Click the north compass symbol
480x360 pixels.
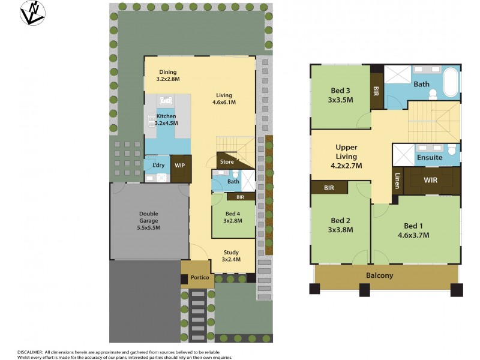pyautogui.click(x=32, y=13)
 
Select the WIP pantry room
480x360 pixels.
pyautogui.click(x=180, y=165)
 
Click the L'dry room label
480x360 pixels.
pyautogui.click(x=158, y=165)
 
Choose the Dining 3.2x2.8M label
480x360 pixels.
pyautogui.click(x=167, y=76)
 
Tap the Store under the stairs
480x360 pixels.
pyautogui.click(x=227, y=161)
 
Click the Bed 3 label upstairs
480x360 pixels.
pyautogui.click(x=340, y=95)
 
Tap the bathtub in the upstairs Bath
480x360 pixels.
pyautogui.click(x=450, y=83)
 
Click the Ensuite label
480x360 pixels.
pyautogui.click(x=430, y=158)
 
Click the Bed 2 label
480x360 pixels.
pyautogui.click(x=340, y=224)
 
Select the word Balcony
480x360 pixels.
pyautogui.click(x=380, y=275)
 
